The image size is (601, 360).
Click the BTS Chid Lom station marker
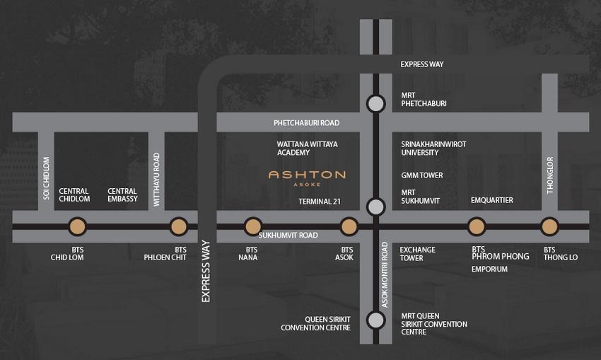click(77, 226)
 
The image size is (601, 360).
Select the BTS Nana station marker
click(252, 226)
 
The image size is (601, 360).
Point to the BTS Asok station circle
click(349, 226)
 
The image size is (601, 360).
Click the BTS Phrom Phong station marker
click(477, 226)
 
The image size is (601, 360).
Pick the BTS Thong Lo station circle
click(549, 226)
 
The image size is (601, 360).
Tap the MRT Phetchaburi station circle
click(376, 104)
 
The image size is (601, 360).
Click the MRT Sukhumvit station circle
click(376, 207)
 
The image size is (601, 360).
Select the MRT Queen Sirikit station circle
click(376, 320)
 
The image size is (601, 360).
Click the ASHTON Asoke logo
click(307, 176)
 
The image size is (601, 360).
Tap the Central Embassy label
click(122, 195)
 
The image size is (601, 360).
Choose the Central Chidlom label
click(74, 195)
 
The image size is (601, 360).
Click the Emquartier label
click(491, 200)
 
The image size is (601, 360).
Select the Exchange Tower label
click(418, 254)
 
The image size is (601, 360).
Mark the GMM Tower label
click(421, 175)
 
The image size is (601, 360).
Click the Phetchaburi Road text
click(306, 123)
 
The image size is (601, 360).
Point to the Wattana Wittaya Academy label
click(308, 148)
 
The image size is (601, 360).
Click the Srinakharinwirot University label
click(433, 148)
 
